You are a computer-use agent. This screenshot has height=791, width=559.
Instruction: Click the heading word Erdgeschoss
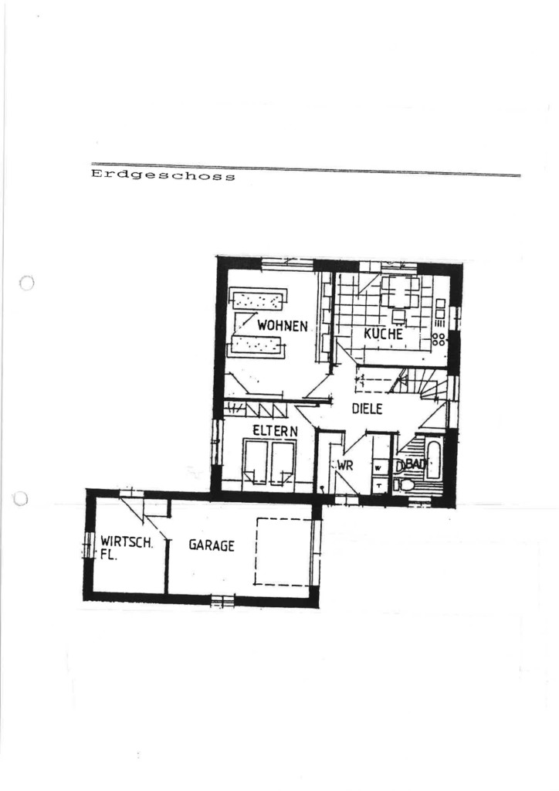163,175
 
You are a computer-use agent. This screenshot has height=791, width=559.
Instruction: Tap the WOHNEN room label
283,325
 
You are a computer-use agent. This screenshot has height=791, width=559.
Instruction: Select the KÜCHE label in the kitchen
384,334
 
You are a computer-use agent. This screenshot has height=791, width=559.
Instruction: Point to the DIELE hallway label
367,409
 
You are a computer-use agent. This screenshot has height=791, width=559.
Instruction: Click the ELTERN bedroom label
275,431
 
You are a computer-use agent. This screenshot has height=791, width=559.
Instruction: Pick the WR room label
345,465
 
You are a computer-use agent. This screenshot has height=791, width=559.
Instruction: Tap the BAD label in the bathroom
415,464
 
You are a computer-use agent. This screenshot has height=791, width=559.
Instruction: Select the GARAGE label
212,545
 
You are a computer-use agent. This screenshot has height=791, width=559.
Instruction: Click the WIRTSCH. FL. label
126,548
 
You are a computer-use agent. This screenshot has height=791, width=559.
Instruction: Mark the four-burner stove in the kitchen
439,338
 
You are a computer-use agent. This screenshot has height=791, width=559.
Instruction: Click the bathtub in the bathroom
434,460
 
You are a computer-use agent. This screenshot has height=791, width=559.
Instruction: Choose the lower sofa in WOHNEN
256,345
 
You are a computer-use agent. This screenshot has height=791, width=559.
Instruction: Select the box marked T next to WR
378,485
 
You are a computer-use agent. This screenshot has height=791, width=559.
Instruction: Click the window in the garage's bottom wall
222,599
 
